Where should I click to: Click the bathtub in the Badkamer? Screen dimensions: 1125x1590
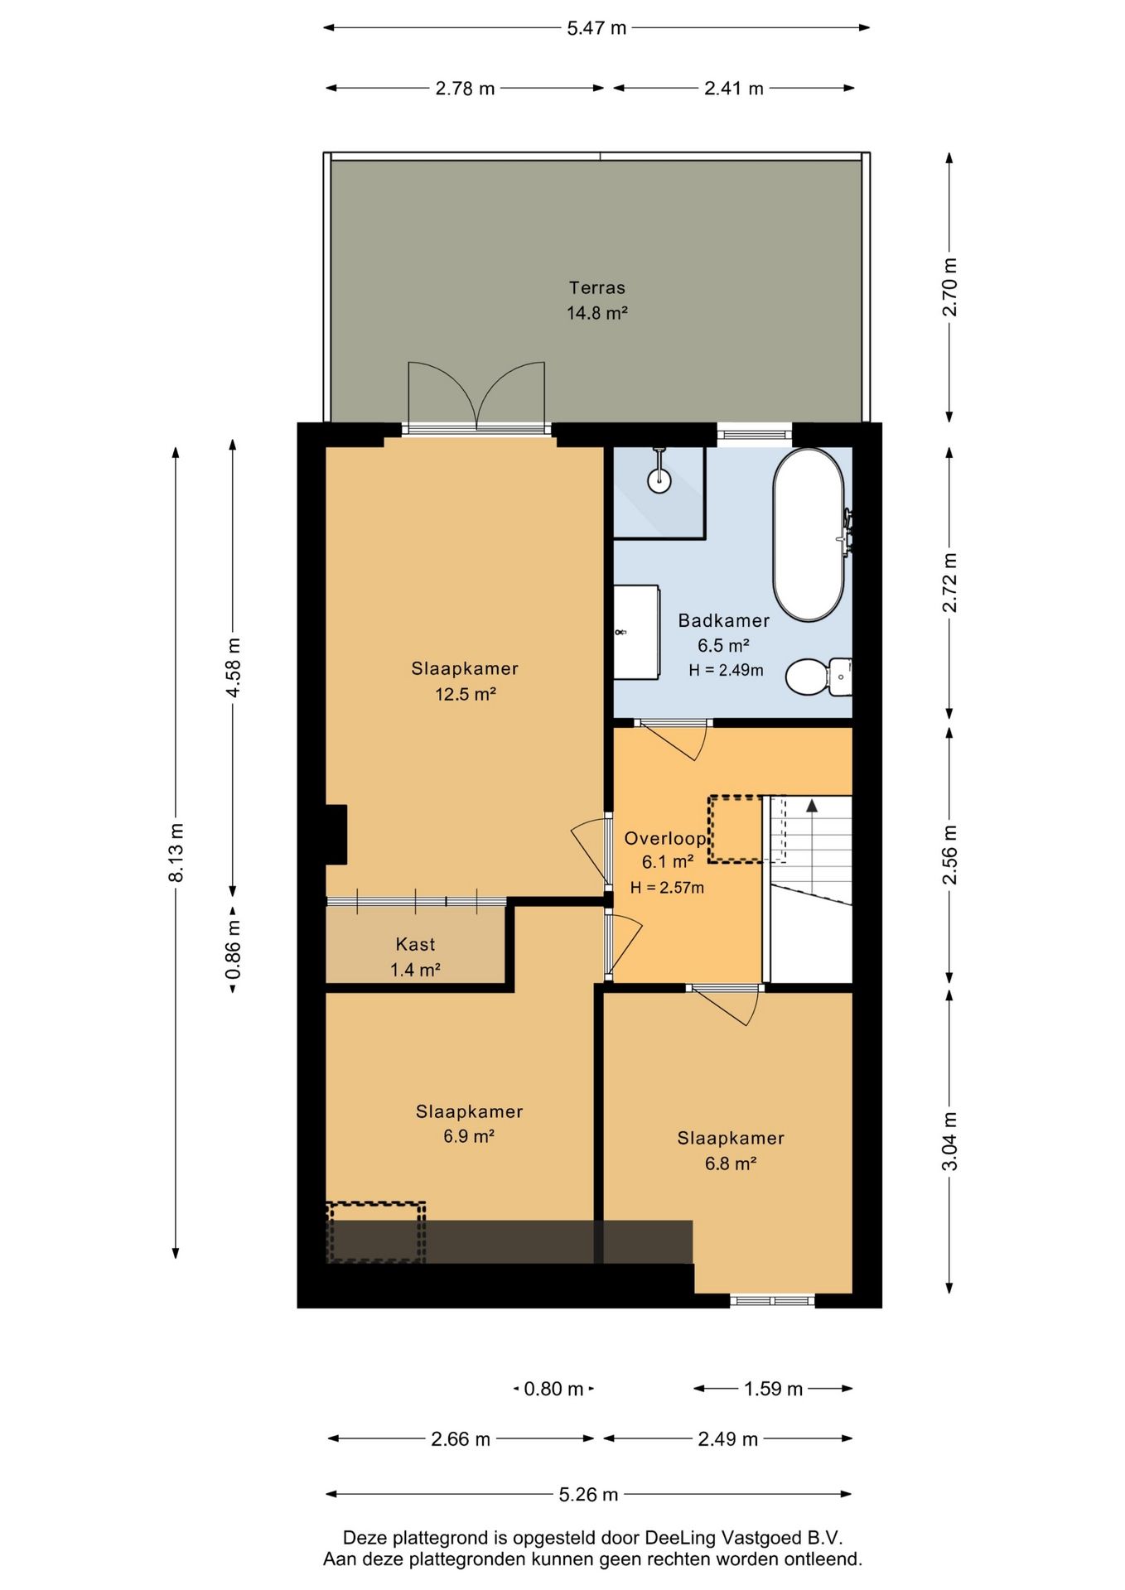pyautogui.click(x=809, y=535)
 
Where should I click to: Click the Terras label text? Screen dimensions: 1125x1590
pyautogui.click(x=596, y=288)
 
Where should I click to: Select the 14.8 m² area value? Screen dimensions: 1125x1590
pyautogui.click(x=596, y=313)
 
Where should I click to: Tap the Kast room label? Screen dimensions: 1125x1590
pyautogui.click(x=415, y=944)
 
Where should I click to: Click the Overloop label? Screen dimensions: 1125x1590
pyautogui.click(x=664, y=838)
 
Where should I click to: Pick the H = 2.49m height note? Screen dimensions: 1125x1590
pyautogui.click(x=726, y=670)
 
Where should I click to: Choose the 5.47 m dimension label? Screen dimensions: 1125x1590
pyautogui.click(x=596, y=28)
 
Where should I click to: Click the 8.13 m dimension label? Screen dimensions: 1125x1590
pyautogui.click(x=176, y=853)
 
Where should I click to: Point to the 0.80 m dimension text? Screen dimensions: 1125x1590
pyautogui.click(x=553, y=1389)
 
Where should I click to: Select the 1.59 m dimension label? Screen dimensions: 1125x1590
pyautogui.click(x=773, y=1389)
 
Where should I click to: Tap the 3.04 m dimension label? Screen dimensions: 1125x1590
pyautogui.click(x=950, y=1141)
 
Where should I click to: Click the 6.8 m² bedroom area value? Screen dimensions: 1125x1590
pyautogui.click(x=731, y=1164)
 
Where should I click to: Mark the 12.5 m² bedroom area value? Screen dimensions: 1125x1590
pyautogui.click(x=466, y=694)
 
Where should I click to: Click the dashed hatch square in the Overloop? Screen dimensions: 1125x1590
pyautogui.click(x=736, y=829)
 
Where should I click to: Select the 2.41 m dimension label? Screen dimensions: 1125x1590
pyautogui.click(x=734, y=89)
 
